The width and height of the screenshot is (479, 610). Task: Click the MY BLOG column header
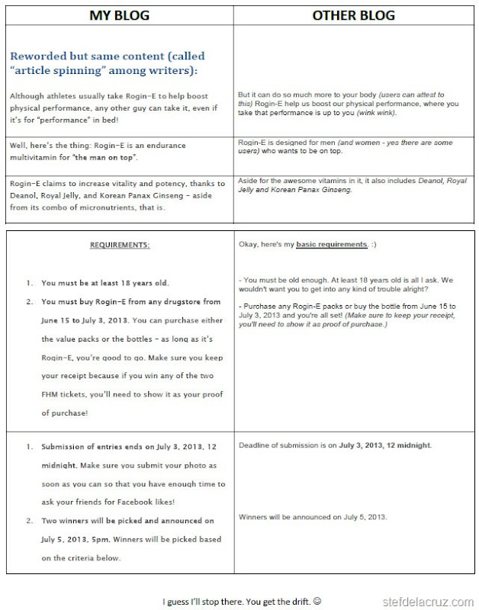tap(119, 14)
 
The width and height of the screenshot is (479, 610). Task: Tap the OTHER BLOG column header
tap(353, 14)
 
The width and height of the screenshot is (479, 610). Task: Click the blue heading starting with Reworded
tap(107, 63)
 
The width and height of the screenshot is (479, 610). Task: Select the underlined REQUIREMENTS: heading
tap(120, 245)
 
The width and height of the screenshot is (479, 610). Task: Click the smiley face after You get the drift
tap(317, 601)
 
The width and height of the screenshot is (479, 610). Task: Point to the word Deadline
tap(256, 445)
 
